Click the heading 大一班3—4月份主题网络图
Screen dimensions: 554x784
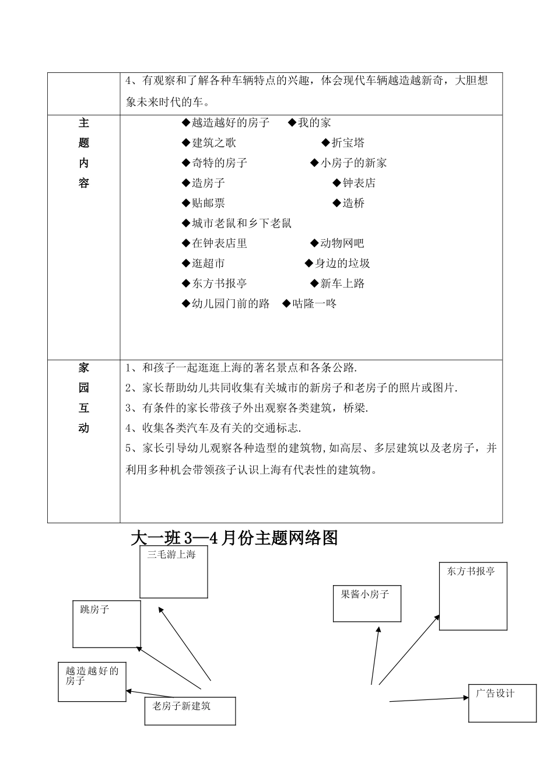click(x=235, y=538)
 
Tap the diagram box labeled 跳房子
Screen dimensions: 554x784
click(x=107, y=624)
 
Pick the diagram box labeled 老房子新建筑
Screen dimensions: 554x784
click(x=190, y=710)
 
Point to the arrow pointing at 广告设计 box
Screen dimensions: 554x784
click(x=429, y=699)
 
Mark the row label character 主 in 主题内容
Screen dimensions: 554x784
click(x=84, y=123)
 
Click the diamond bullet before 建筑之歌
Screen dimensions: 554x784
click(x=186, y=143)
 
